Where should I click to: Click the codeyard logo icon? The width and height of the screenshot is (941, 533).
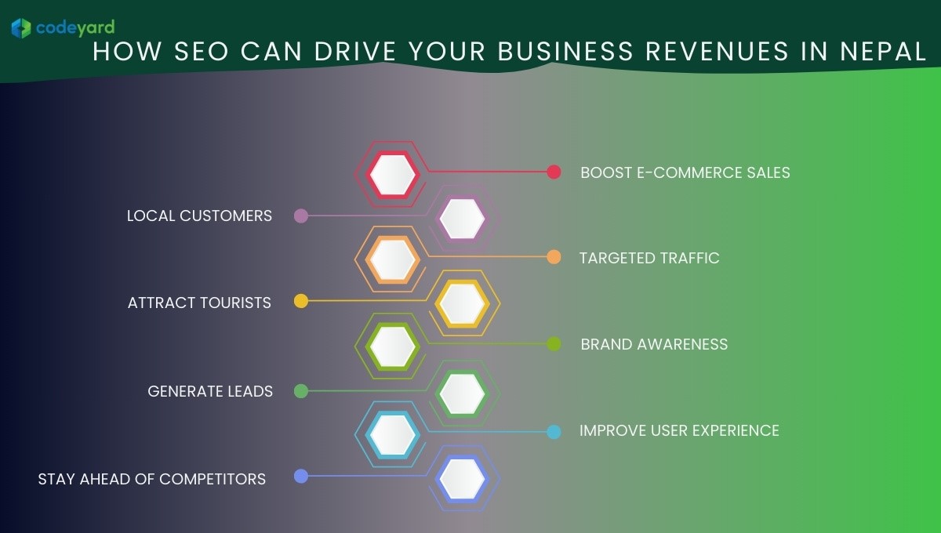tap(21, 28)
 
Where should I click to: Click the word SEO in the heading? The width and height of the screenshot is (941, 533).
tap(202, 51)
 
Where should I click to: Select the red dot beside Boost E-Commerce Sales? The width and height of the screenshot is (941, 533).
tap(554, 172)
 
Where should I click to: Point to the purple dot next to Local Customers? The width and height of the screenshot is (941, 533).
tap(301, 216)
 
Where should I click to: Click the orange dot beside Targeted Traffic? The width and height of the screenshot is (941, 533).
tap(554, 257)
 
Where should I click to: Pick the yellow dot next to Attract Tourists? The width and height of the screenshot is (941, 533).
tap(301, 301)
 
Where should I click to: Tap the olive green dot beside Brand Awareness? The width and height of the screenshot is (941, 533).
tap(554, 343)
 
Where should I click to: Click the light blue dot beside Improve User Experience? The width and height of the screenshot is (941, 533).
tap(554, 432)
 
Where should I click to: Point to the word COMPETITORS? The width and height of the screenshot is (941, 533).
tap(213, 479)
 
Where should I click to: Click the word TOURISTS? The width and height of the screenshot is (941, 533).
tap(234, 303)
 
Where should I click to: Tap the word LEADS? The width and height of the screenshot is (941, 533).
tap(250, 391)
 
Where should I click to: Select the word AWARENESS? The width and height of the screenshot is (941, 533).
tap(683, 344)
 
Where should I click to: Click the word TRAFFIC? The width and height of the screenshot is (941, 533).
tap(690, 259)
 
